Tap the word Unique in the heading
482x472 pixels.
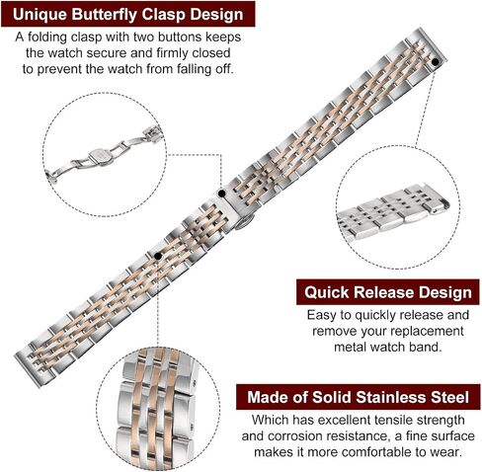[x=40, y=15]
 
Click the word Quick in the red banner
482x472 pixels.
[x=326, y=292]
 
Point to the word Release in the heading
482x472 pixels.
[x=384, y=292]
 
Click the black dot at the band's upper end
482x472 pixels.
[x=435, y=62]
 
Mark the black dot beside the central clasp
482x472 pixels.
[x=222, y=194]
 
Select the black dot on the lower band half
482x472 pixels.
[x=158, y=256]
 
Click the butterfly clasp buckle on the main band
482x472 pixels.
[x=240, y=211]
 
